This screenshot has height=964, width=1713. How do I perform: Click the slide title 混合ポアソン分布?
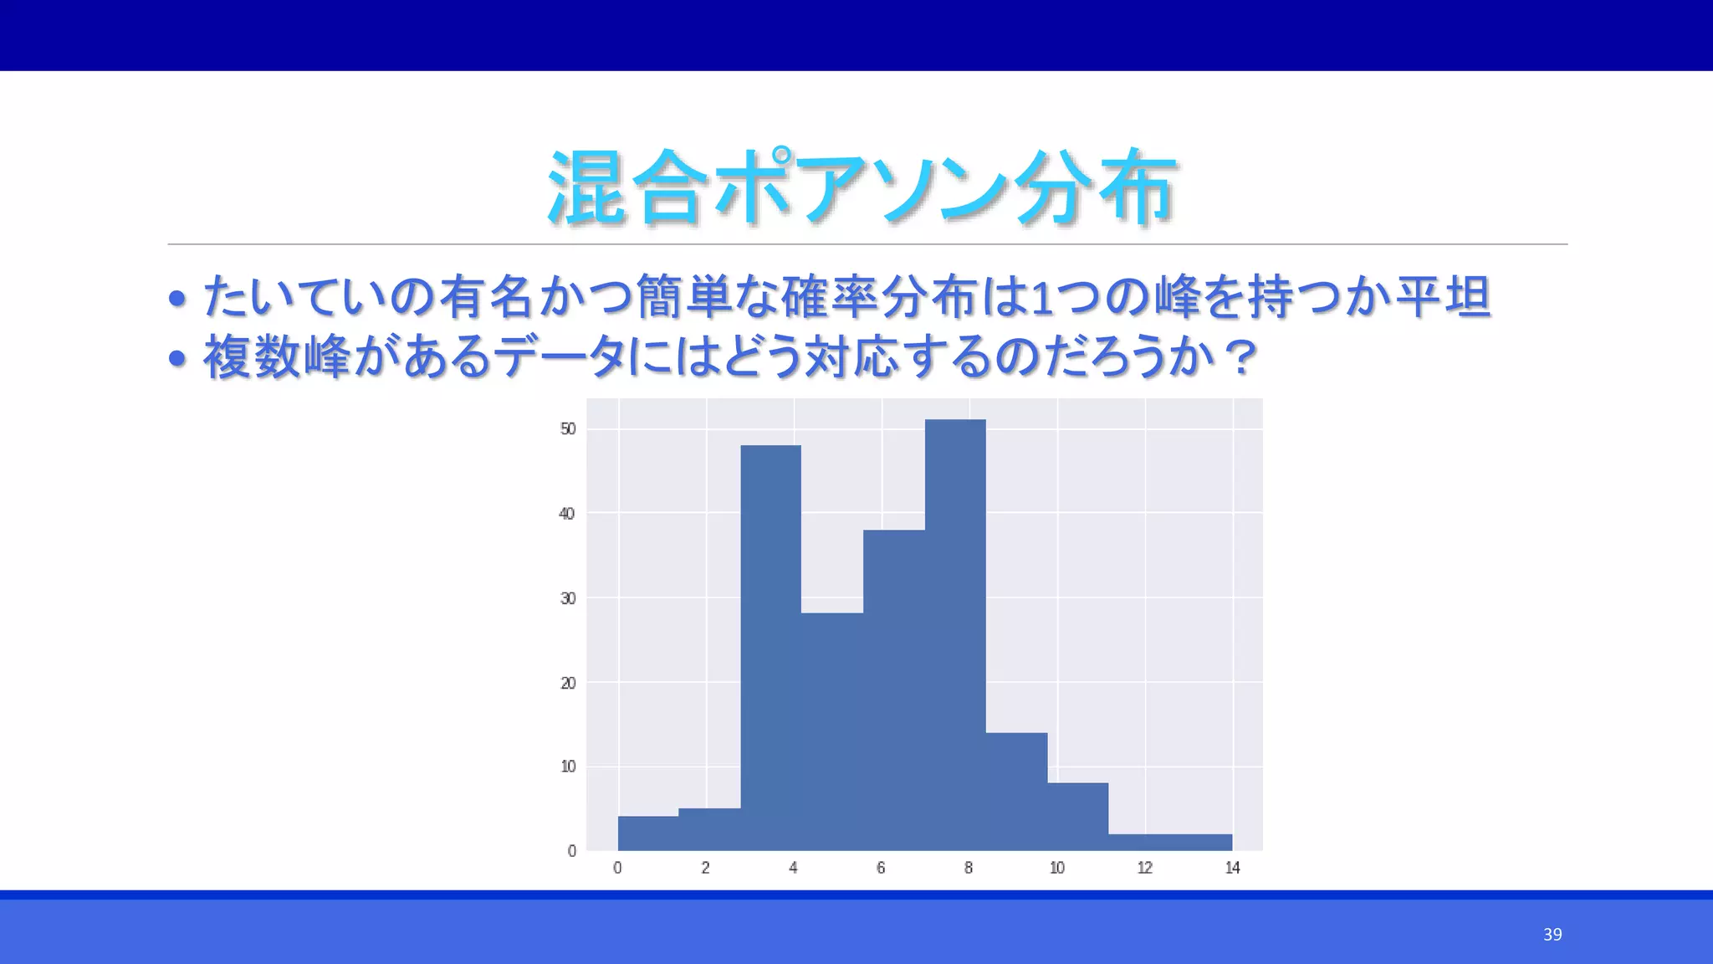(x=862, y=187)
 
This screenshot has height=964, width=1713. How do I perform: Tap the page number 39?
(x=1552, y=935)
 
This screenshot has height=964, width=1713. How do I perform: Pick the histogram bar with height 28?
(x=832, y=731)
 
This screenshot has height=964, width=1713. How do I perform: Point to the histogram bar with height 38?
(x=894, y=690)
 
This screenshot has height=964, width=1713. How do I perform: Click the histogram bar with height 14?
(x=1016, y=791)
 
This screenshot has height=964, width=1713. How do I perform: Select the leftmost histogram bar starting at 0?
(x=648, y=833)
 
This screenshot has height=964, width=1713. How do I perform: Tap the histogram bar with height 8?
(x=1078, y=817)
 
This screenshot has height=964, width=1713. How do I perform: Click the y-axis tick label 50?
(x=568, y=429)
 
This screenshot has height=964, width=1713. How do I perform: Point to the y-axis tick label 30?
(x=568, y=598)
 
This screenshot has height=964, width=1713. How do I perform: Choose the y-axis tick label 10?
(x=568, y=767)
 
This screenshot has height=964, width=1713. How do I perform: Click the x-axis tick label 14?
(x=1232, y=869)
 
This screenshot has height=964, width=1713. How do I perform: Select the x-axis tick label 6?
(x=881, y=869)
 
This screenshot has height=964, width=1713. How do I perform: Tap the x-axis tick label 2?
(x=705, y=869)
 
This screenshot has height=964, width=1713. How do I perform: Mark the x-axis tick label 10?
(x=1057, y=869)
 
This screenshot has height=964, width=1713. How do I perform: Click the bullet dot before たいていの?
(x=176, y=298)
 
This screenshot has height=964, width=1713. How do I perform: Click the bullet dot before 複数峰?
(x=176, y=359)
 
